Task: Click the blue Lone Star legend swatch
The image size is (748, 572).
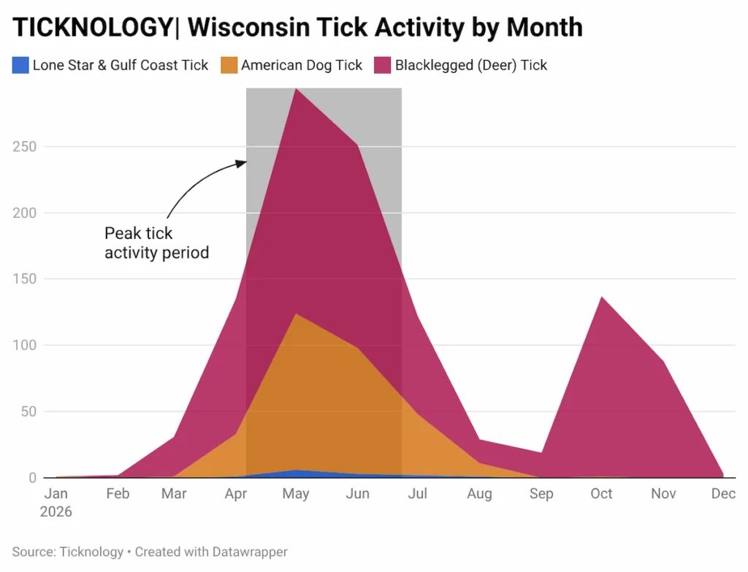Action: pos(21,65)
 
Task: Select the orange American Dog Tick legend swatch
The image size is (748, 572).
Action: pos(229,65)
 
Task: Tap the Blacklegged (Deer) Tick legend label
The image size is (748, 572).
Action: pos(471,65)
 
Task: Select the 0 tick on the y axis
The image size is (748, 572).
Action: pos(34,478)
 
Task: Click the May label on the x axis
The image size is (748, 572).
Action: pos(296,495)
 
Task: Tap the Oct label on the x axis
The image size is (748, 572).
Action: pos(601,495)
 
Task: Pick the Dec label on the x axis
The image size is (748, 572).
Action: pos(723,495)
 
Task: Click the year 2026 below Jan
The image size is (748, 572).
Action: pos(56,511)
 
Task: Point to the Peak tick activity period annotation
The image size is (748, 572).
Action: pos(156,243)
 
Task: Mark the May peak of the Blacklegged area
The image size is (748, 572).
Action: pos(295,90)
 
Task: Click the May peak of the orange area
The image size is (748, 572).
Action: pos(296,315)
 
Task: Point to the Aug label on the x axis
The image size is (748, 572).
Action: pos(479,495)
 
